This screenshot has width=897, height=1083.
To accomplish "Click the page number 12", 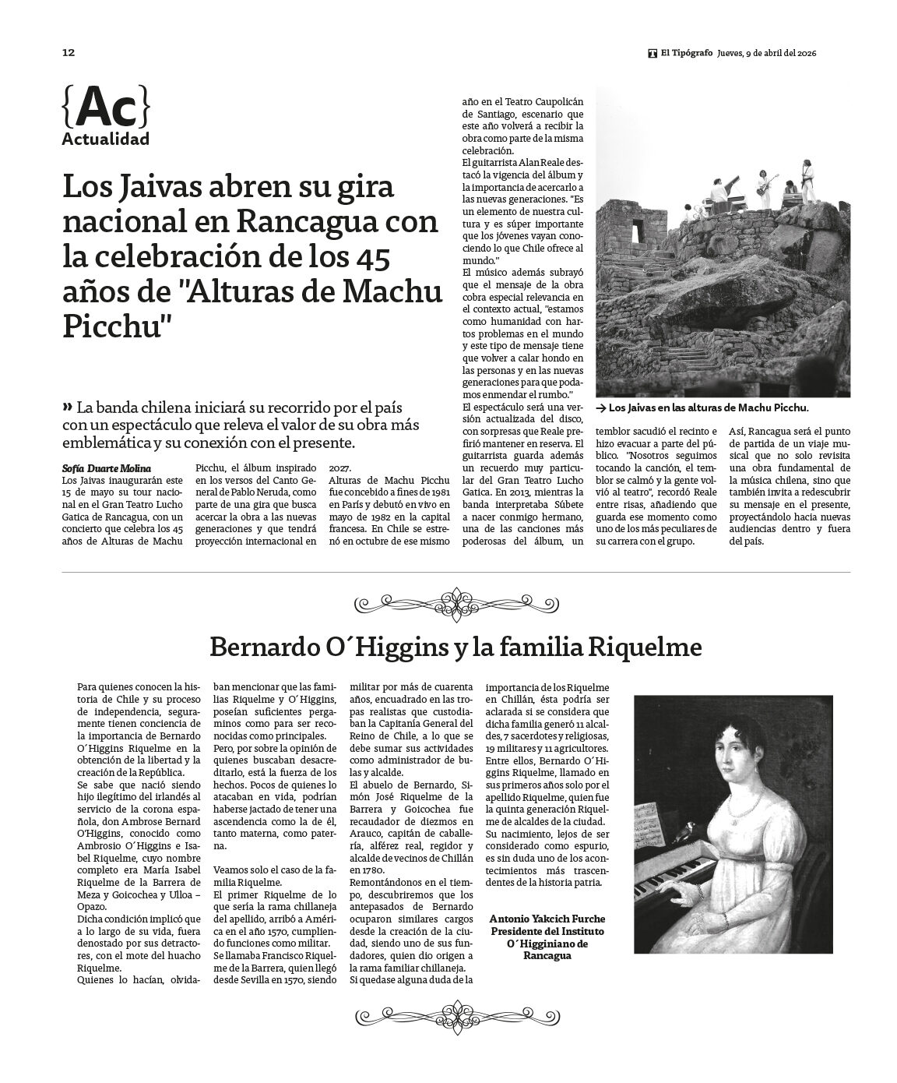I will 68,53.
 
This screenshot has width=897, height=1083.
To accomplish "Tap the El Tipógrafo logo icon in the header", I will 653,53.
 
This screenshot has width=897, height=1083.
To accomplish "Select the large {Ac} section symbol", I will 105,108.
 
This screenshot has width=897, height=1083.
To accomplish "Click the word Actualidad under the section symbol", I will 105,140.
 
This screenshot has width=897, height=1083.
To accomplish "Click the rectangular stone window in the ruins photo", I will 638,231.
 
